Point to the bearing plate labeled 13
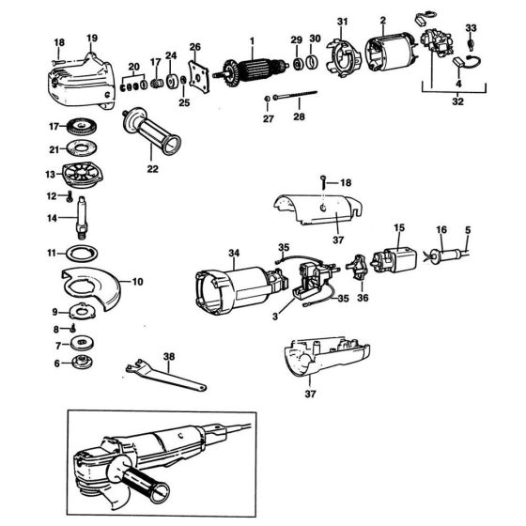80,176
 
